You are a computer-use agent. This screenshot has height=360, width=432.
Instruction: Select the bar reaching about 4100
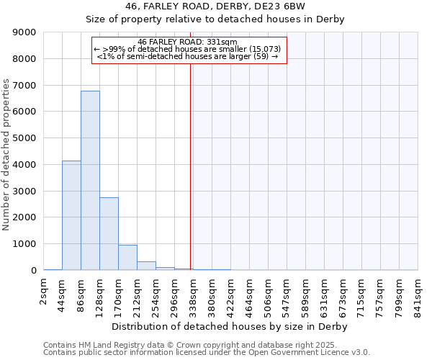[71, 215]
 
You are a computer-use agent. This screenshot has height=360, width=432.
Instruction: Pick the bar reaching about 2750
[109, 233]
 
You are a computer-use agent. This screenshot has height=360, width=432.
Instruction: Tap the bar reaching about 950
[127, 257]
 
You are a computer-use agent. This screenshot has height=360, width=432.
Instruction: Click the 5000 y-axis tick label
[24, 138]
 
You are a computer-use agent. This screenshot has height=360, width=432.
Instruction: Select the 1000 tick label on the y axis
[24, 244]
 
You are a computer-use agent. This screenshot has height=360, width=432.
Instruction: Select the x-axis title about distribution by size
[230, 326]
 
